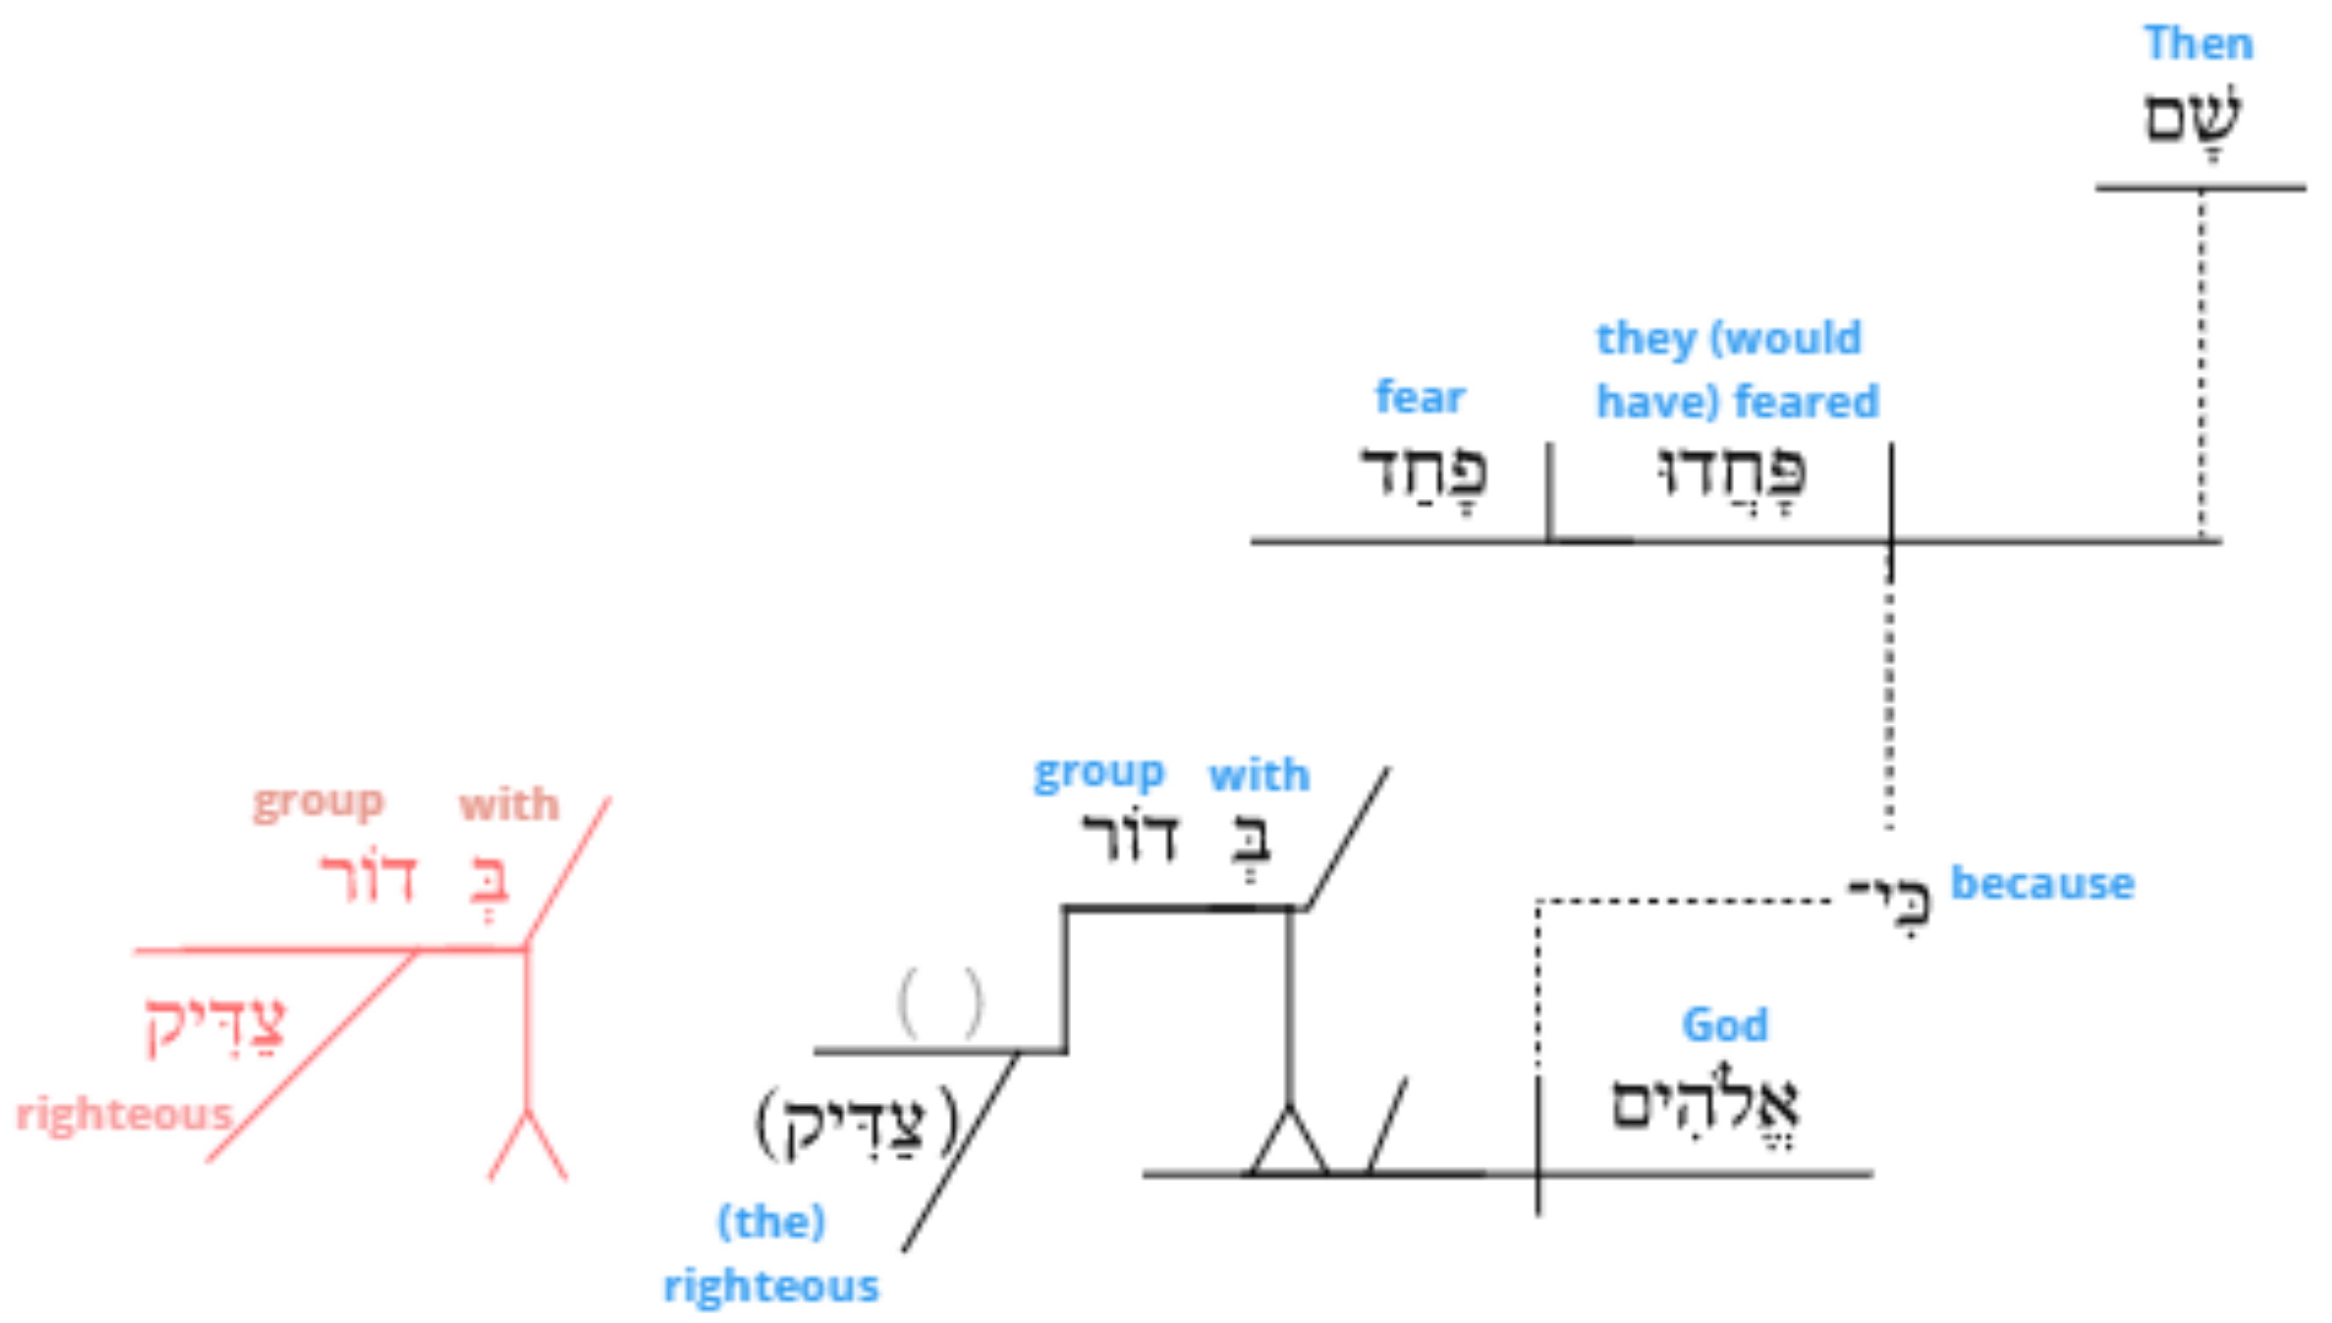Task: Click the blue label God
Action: click(x=1725, y=1025)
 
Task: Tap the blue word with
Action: click(x=1259, y=775)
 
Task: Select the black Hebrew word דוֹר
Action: click(x=1130, y=836)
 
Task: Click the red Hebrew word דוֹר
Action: click(x=368, y=878)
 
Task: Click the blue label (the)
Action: click(x=772, y=1222)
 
